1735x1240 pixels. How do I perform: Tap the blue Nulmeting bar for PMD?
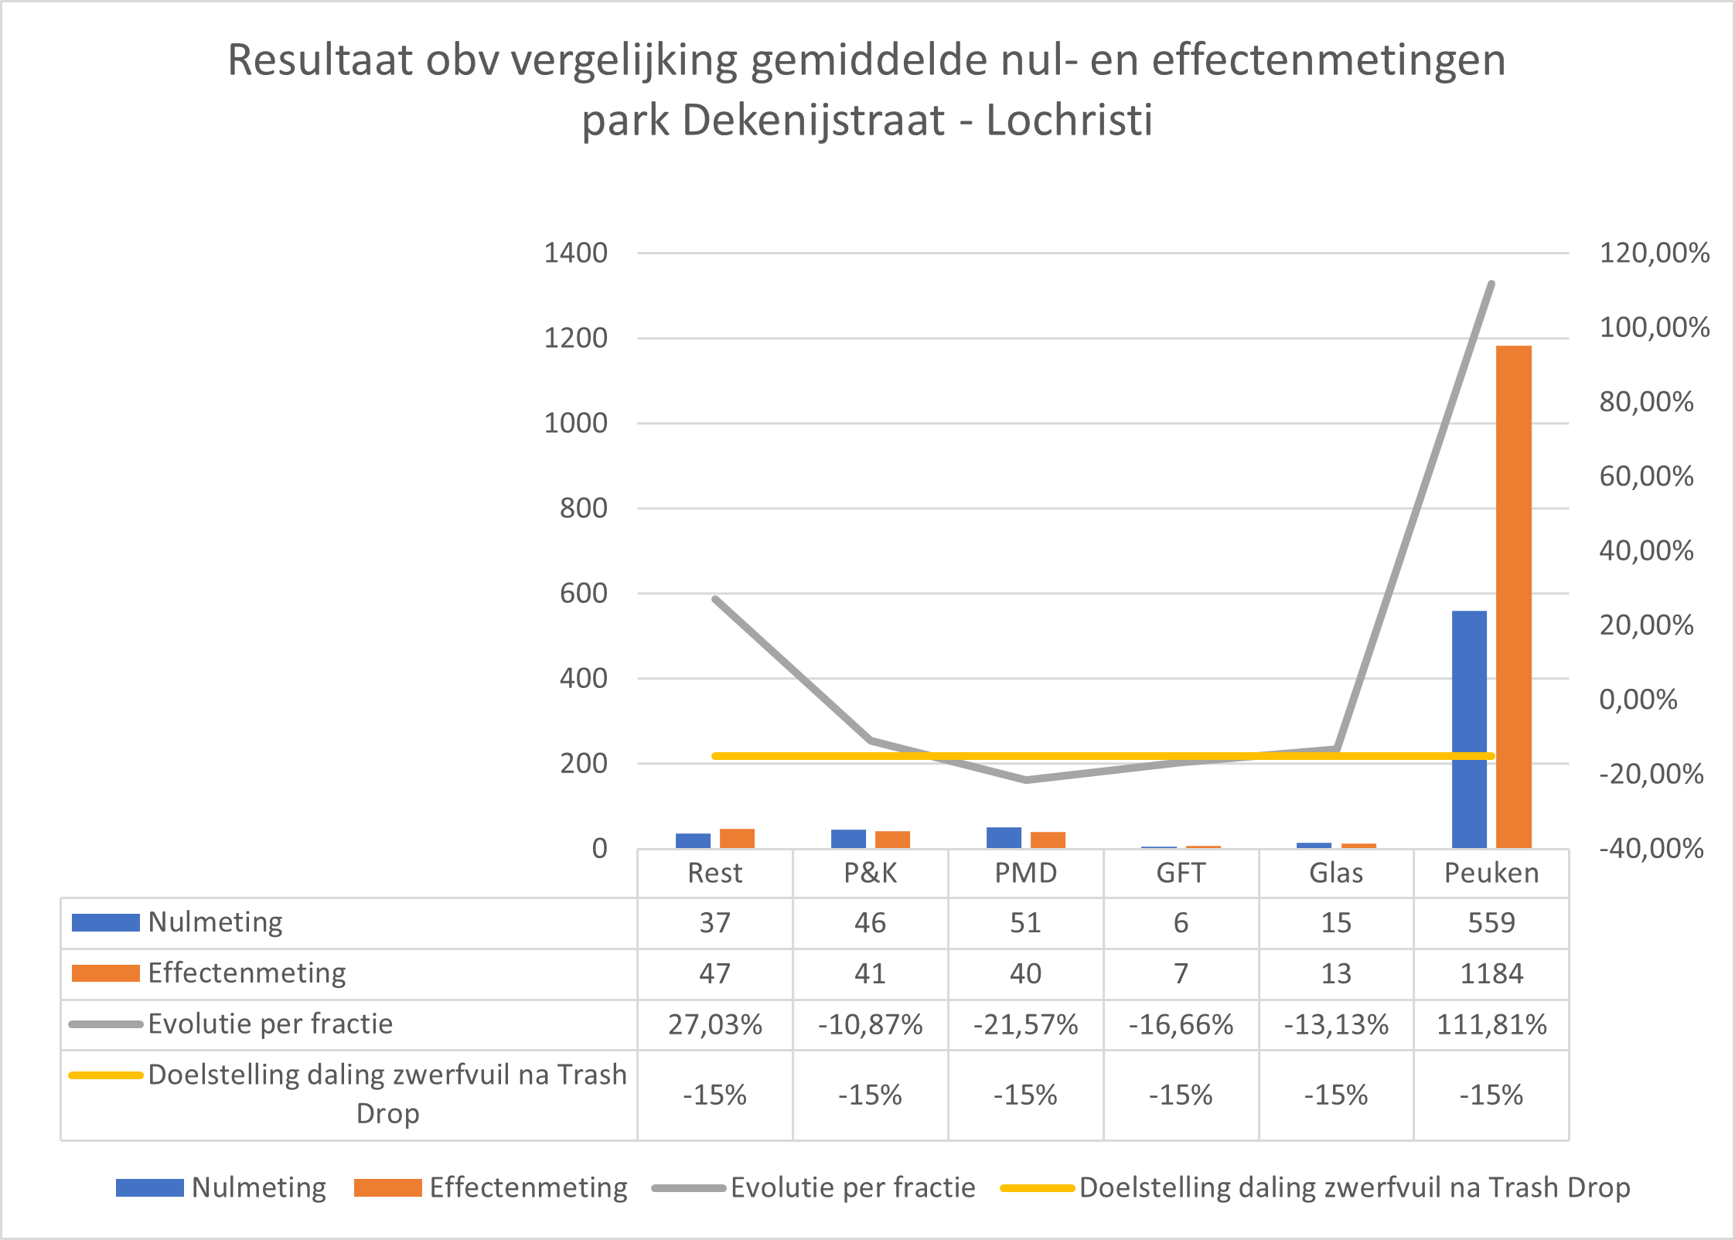coord(1004,838)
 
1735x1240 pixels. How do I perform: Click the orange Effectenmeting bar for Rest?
coord(737,839)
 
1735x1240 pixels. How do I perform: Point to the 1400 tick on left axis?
coord(575,254)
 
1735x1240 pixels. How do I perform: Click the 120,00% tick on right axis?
coord(1654,254)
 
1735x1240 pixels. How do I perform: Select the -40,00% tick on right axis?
coord(1651,849)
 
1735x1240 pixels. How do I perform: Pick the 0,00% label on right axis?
coord(1638,700)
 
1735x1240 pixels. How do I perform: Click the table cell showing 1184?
coord(1491,973)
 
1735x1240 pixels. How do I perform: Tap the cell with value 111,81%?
coord(1491,1025)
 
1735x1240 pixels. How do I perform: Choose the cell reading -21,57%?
coord(1025,1025)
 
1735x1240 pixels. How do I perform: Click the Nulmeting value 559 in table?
coord(1491,923)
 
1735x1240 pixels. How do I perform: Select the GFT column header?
coord(1181,874)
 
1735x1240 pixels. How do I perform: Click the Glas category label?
coord(1335,874)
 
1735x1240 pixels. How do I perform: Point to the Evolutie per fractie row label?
coord(271,1024)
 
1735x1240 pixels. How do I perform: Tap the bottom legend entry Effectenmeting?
coord(528,1187)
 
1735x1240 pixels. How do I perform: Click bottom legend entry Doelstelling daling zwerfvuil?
coord(1354,1187)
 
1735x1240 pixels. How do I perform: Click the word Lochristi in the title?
coord(1069,121)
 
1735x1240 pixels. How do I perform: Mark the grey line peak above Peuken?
coord(1491,284)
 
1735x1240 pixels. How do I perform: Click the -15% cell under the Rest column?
coord(714,1095)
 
